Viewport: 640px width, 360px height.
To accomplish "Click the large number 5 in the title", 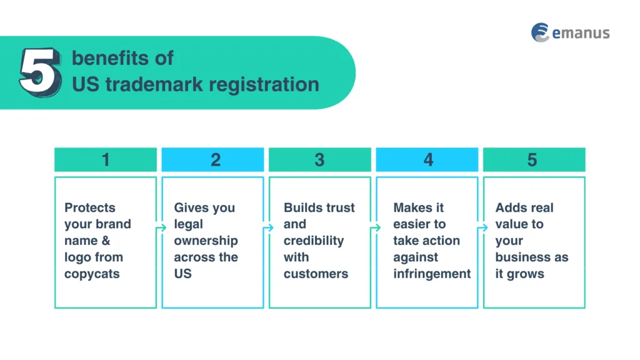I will point(40,72).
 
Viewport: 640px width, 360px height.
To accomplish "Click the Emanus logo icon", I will point(540,32).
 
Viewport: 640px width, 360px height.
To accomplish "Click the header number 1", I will point(106,160).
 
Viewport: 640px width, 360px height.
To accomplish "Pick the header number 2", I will point(215,160).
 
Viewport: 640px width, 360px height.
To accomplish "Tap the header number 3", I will point(319,160).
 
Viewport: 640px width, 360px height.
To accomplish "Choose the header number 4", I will point(428,160).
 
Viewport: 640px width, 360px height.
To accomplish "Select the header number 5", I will point(532,160).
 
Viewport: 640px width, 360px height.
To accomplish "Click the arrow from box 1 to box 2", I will point(160,229).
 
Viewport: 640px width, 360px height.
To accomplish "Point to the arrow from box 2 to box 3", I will point(267,229).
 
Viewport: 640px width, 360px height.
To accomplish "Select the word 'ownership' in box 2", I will point(206,241).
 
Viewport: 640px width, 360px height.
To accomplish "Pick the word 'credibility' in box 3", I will point(314,241).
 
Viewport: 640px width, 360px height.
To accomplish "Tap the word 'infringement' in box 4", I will point(432,274).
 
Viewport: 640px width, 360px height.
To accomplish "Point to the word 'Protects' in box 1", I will point(90,207).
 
